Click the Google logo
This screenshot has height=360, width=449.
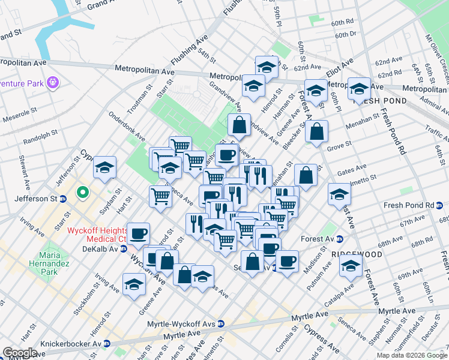[20, 353]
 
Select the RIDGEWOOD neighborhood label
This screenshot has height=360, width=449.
[356, 254]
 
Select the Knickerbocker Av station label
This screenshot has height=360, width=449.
[71, 344]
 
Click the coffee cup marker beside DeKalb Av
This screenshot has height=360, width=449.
[139, 233]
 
